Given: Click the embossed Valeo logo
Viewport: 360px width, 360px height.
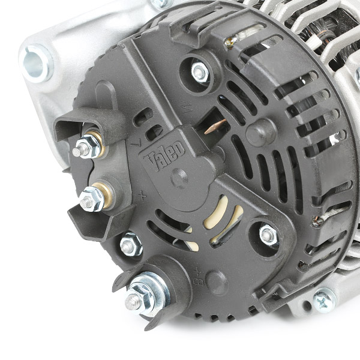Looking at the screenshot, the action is [165, 155].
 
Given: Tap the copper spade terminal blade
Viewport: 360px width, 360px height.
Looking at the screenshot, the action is [215, 126].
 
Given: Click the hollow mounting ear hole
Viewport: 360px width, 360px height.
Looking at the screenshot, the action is [35, 63].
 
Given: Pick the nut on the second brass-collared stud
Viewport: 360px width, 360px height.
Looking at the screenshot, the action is [91, 199].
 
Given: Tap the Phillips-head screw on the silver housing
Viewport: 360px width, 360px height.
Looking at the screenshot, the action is [324, 301].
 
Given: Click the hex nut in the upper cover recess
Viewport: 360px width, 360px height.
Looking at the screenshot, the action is [200, 72].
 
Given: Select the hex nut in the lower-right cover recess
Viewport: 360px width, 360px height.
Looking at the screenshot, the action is [269, 235].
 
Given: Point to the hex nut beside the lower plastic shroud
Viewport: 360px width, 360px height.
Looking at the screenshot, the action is [131, 244].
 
